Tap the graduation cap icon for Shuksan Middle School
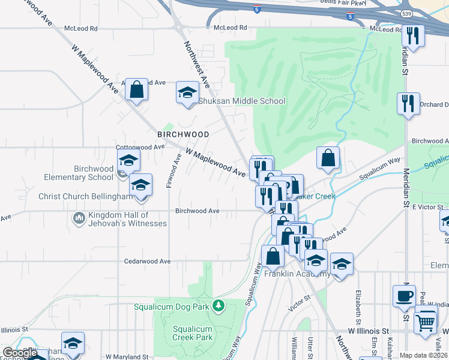[187, 93]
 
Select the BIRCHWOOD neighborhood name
[183, 134]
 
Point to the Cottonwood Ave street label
[140, 146]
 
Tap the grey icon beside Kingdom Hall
[79, 217]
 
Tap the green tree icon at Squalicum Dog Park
[220, 307]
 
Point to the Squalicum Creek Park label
[193, 332]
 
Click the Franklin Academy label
[297, 274]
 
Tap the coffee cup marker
[403, 296]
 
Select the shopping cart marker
[426, 322]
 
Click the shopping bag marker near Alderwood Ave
[137, 90]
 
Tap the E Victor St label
[426, 206]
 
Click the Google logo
[19, 353]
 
